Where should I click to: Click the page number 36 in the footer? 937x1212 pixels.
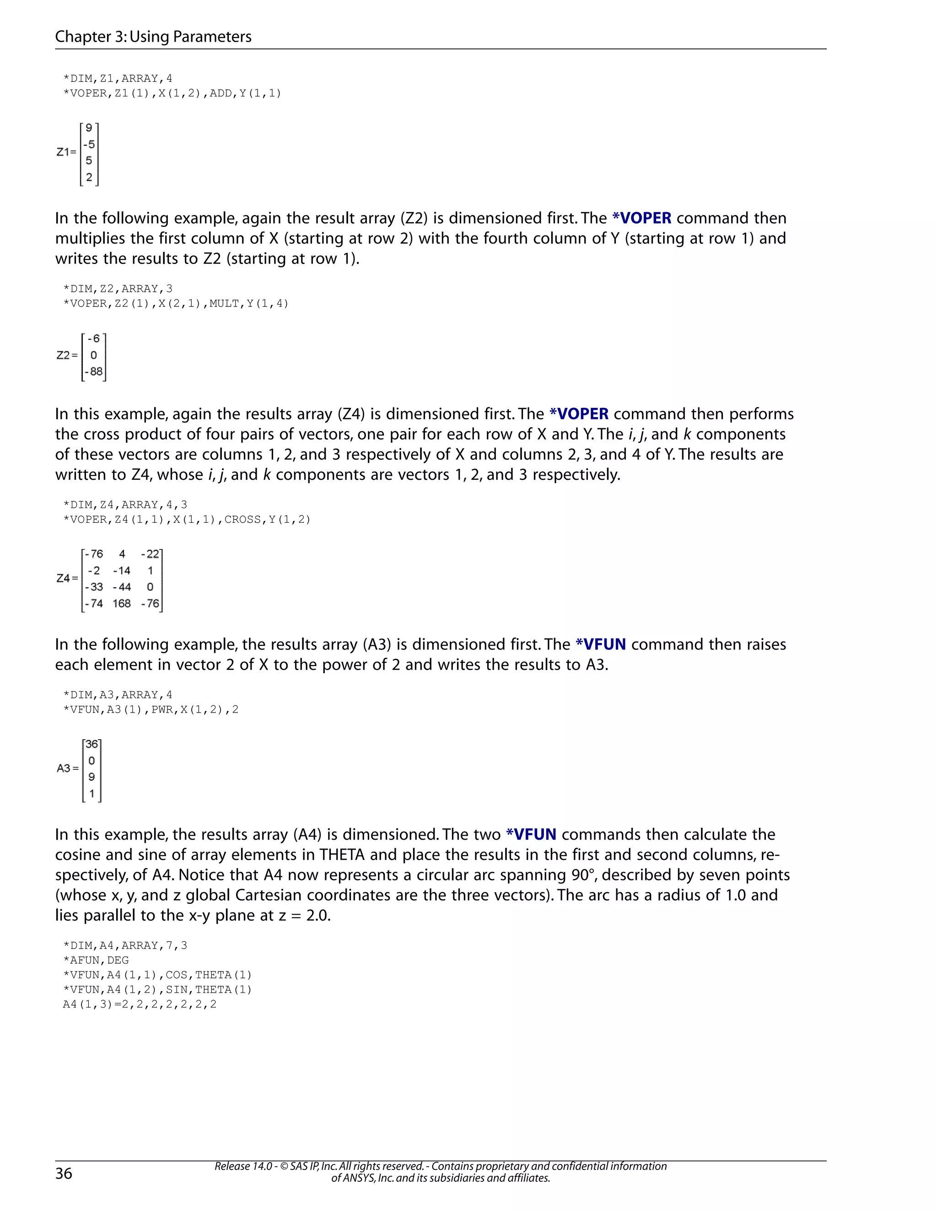tap(64, 1173)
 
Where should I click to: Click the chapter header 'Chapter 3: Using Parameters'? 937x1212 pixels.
tap(153, 37)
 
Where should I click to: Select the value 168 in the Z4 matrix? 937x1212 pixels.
tap(122, 603)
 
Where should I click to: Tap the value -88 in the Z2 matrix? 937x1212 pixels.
tap(94, 371)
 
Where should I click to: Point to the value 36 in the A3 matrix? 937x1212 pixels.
tap(92, 744)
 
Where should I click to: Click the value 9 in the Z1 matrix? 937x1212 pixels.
tap(89, 128)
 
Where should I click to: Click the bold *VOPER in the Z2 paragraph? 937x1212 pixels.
tap(642, 218)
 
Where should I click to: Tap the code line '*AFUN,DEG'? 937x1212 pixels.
tap(96, 960)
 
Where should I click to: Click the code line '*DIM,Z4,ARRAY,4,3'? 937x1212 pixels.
tap(125, 504)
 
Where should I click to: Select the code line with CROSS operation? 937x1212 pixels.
tap(187, 520)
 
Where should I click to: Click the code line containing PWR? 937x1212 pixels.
tap(151, 709)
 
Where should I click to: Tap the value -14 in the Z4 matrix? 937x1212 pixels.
tap(122, 570)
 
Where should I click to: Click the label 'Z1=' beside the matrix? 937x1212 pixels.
tap(66, 151)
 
